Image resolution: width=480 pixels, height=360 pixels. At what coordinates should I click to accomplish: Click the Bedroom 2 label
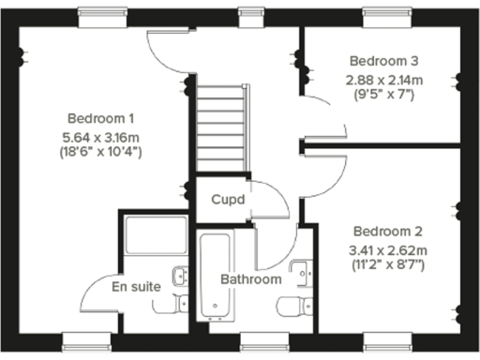click(388, 232)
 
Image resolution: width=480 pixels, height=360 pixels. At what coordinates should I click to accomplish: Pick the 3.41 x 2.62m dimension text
click(388, 249)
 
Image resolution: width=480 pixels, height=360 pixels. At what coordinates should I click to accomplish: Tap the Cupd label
click(228, 200)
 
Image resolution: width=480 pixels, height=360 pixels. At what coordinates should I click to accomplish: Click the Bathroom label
click(250, 279)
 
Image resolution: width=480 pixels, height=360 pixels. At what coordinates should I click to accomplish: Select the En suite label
click(136, 286)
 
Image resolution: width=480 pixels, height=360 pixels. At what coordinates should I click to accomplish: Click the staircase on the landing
click(221, 127)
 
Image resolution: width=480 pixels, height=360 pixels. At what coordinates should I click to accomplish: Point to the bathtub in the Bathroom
click(217, 272)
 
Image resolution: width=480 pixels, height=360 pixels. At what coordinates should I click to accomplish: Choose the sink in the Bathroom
click(302, 273)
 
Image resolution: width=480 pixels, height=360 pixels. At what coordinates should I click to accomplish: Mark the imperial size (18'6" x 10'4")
click(101, 150)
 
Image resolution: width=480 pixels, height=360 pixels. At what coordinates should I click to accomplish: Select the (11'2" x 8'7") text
click(388, 265)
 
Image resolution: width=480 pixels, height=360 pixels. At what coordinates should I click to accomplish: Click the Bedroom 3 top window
click(383, 13)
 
